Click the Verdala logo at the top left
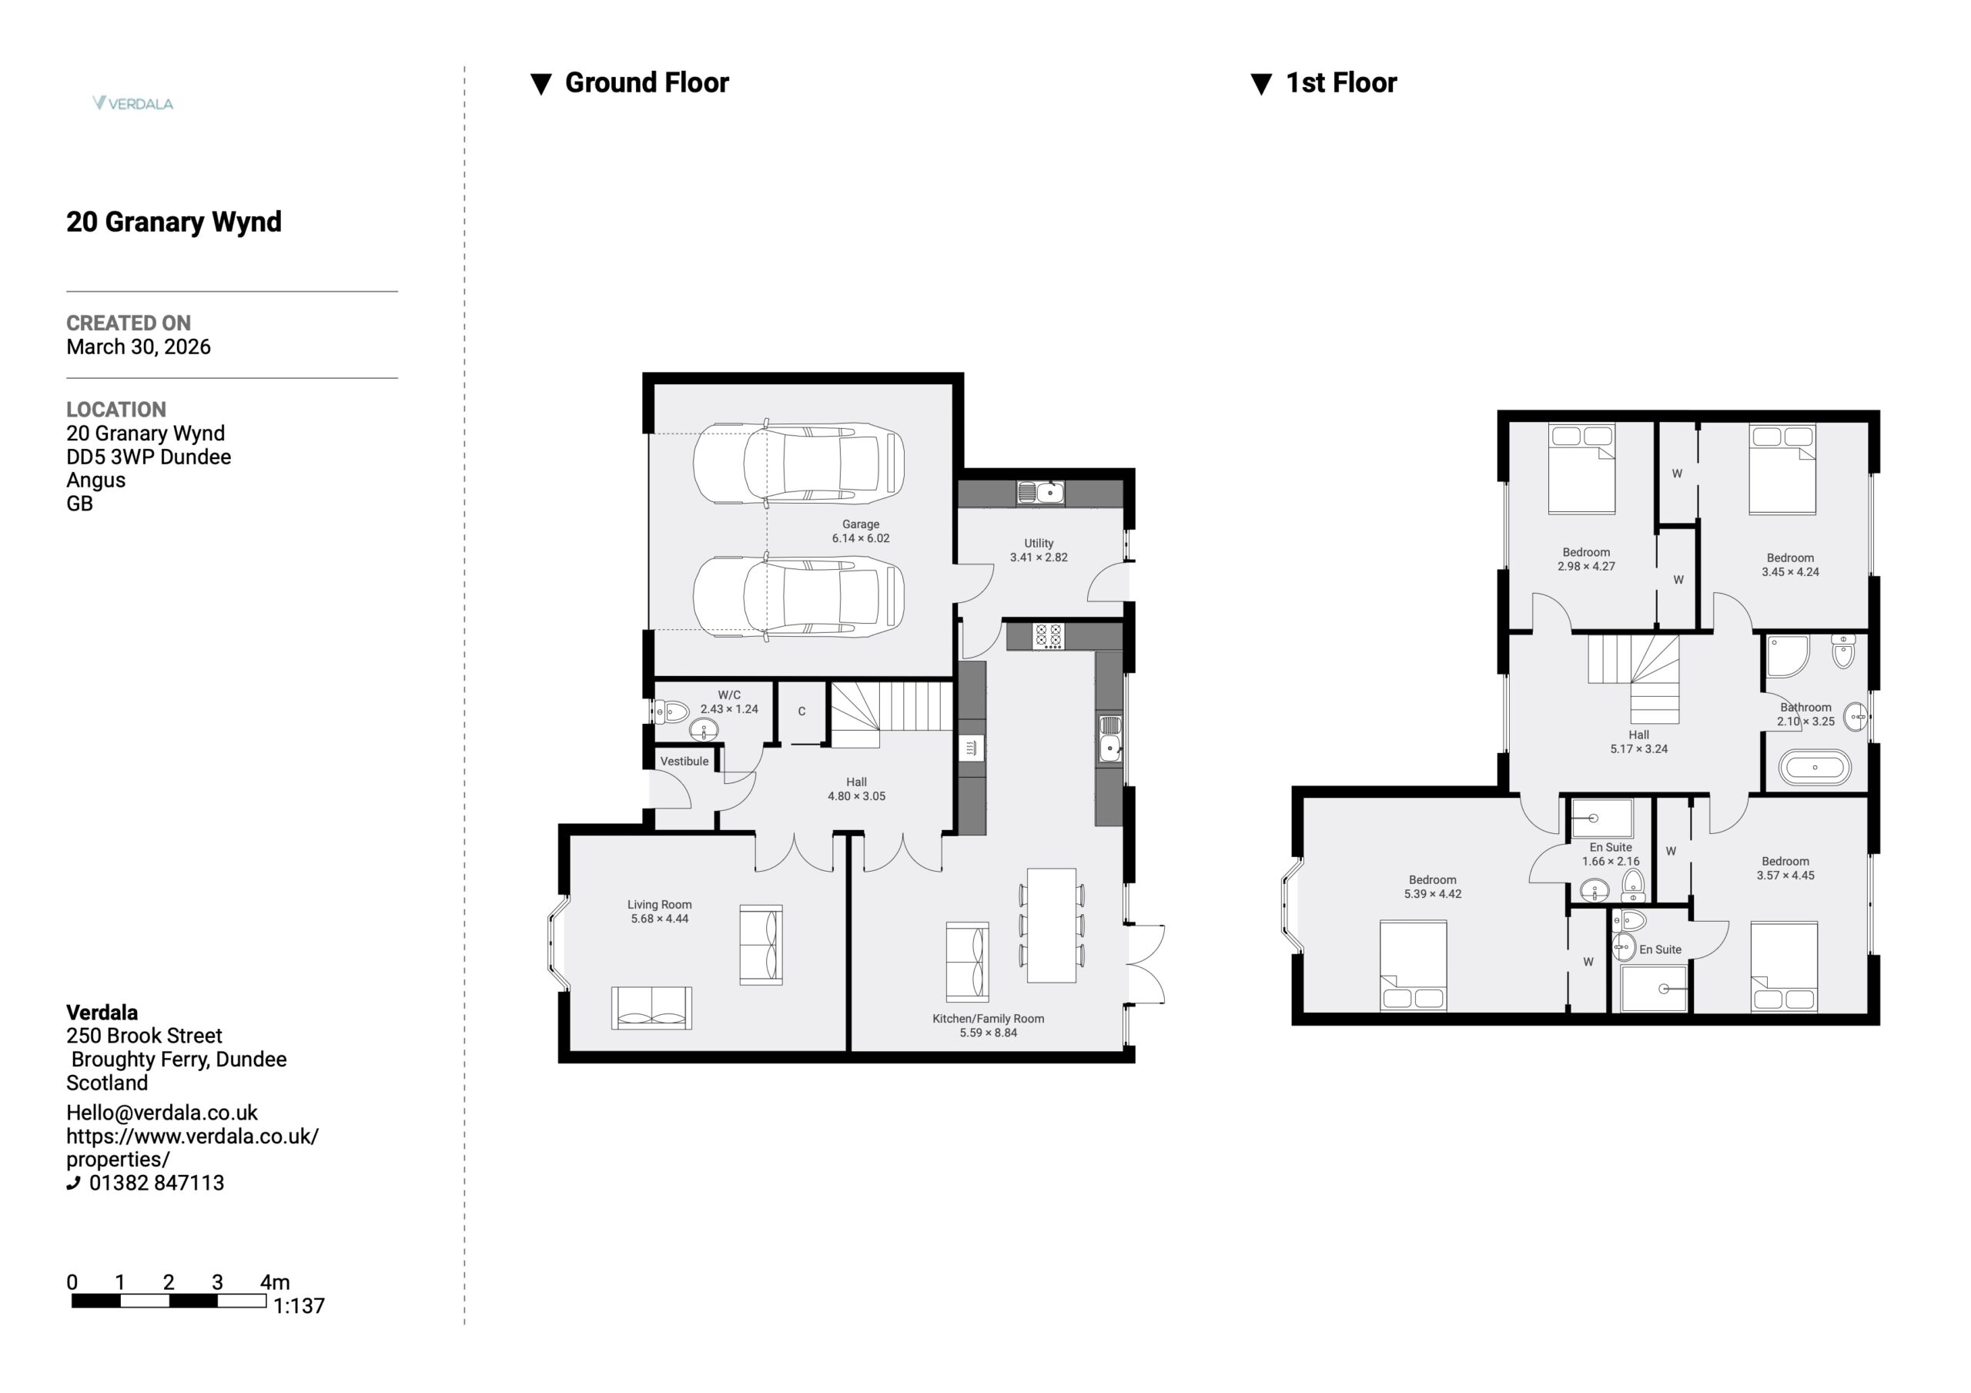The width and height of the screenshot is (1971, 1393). pyautogui.click(x=133, y=103)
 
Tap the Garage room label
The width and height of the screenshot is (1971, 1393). pyautogui.click(x=860, y=524)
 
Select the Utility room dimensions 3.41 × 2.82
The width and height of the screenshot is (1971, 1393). pyautogui.click(x=1039, y=558)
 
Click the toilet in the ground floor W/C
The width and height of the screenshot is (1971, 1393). pyautogui.click(x=671, y=712)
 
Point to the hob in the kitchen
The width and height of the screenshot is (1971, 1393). pyautogui.click(x=1048, y=636)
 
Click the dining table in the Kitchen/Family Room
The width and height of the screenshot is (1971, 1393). pyautogui.click(x=1052, y=925)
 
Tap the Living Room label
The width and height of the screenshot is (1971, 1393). pyautogui.click(x=659, y=904)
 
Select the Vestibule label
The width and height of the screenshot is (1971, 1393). pyautogui.click(x=684, y=761)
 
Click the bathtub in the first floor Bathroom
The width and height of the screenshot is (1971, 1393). pyautogui.click(x=1814, y=768)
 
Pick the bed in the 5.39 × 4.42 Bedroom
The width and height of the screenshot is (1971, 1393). pyautogui.click(x=1413, y=966)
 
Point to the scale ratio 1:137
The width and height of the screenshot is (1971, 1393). pyautogui.click(x=299, y=1305)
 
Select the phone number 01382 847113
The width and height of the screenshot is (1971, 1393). pyautogui.click(x=156, y=1183)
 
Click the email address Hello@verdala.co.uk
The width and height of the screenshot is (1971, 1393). pyautogui.click(x=162, y=1112)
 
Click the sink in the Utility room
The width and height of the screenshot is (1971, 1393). pyautogui.click(x=1040, y=492)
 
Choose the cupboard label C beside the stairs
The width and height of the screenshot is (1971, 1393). pyautogui.click(x=801, y=711)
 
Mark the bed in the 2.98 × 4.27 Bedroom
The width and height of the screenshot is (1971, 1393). pyautogui.click(x=1581, y=469)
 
